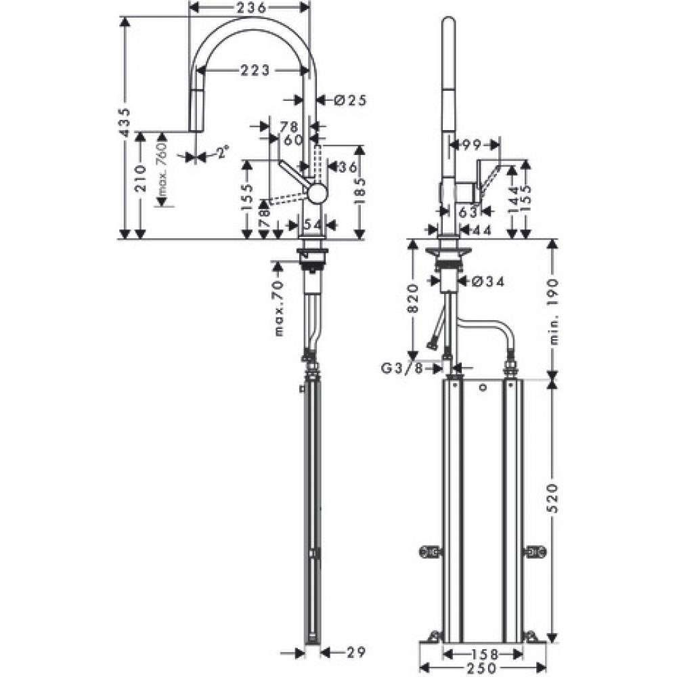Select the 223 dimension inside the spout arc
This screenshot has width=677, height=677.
pyautogui.click(x=253, y=70)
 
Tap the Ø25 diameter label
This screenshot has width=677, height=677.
pyautogui.click(x=350, y=100)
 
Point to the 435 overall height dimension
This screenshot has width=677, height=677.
pyautogui.click(x=124, y=123)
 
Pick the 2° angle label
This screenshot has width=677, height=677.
pyautogui.click(x=221, y=153)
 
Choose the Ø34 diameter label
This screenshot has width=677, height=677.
pyautogui.click(x=484, y=281)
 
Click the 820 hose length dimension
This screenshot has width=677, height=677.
pyautogui.click(x=414, y=297)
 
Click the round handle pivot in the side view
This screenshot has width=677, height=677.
pyautogui.click(x=317, y=194)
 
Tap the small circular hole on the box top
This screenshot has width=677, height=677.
pyautogui.click(x=481, y=388)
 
